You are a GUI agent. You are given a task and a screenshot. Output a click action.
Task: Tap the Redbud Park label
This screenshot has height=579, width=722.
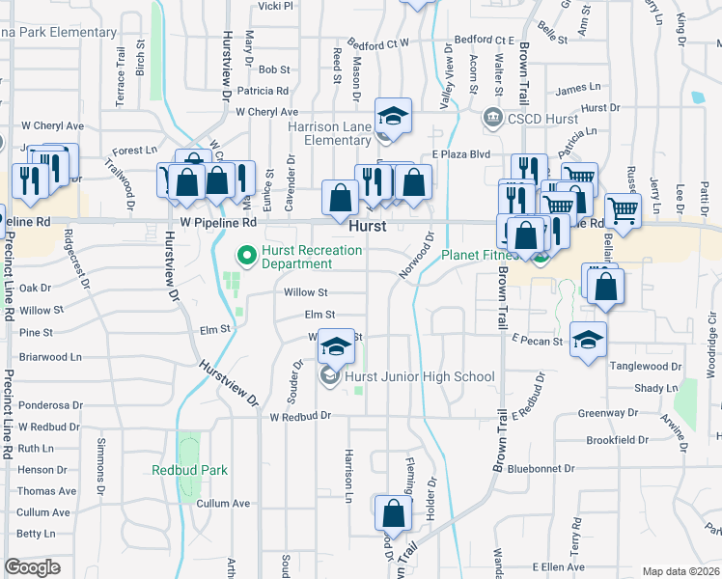pos(189,470)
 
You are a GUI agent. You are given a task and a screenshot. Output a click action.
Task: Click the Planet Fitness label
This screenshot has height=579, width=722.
pos(480,256)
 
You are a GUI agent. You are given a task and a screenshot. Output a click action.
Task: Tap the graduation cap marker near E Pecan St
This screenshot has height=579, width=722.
pos(588,341)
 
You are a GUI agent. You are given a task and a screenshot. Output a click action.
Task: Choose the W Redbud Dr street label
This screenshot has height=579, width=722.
pos(300,417)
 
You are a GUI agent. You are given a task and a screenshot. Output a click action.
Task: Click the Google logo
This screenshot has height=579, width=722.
pos(32,568)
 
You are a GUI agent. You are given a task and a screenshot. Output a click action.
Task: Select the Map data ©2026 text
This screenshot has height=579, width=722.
pos(680,571)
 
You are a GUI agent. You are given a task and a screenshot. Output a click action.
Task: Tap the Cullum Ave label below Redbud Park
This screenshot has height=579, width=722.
pos(223,503)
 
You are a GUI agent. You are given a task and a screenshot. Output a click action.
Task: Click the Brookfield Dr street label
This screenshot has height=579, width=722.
pos(617,439)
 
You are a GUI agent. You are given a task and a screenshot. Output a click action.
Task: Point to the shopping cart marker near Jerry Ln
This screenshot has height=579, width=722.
pos(623,210)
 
